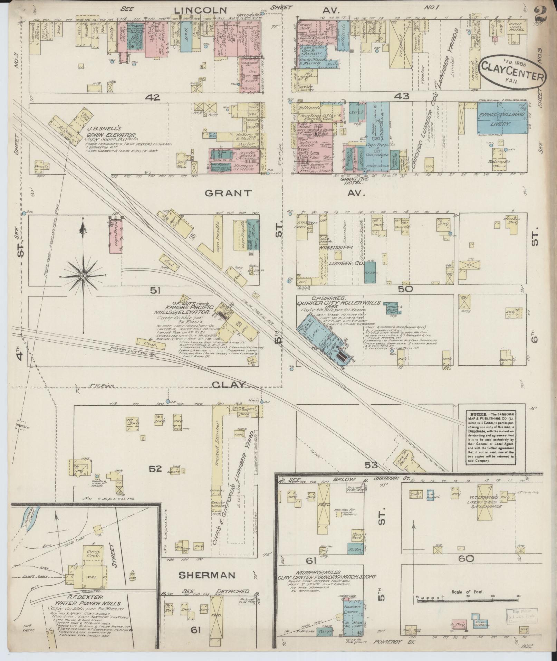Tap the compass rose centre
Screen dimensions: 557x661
tap(83, 276)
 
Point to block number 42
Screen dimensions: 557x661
tap(153, 98)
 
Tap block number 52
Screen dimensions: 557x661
tap(155, 469)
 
